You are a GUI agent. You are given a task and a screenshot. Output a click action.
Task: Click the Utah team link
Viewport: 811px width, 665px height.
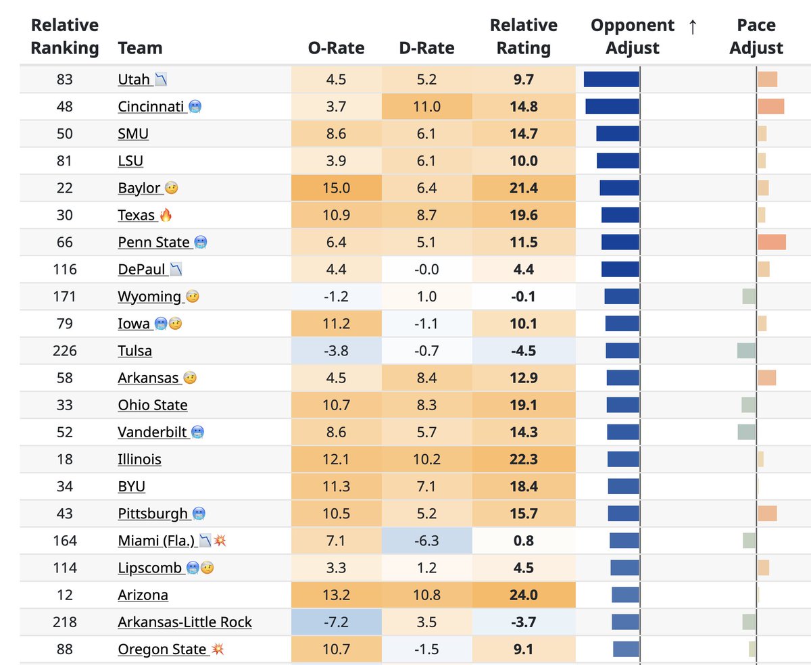tap(134, 80)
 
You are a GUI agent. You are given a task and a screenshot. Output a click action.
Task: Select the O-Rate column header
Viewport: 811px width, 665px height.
tap(336, 48)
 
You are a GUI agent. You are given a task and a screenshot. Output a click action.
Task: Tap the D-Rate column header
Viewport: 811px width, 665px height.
tap(426, 48)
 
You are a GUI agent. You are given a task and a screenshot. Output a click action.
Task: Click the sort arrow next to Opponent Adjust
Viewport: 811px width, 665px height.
tap(692, 26)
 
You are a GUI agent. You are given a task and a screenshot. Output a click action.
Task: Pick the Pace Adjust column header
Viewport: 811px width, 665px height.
tap(756, 36)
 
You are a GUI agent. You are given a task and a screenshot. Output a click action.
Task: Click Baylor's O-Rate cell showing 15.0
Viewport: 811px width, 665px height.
tap(336, 188)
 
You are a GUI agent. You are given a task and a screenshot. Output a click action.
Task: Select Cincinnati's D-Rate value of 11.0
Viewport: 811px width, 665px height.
tap(426, 107)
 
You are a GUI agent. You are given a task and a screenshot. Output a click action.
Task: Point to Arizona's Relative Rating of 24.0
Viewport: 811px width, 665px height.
tap(524, 595)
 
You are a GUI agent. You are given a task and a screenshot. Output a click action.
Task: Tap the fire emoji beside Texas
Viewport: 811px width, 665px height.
tap(166, 215)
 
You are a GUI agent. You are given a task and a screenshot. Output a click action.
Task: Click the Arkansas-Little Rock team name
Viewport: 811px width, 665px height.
tap(185, 622)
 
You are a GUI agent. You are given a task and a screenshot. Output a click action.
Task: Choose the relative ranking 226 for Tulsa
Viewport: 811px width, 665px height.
tap(65, 351)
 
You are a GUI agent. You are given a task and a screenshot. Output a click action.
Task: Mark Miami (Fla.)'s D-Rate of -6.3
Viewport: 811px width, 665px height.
tap(426, 541)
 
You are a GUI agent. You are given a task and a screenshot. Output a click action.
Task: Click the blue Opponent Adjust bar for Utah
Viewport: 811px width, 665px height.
tap(611, 79)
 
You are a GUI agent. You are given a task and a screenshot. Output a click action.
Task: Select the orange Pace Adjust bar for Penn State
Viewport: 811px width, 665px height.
tap(772, 242)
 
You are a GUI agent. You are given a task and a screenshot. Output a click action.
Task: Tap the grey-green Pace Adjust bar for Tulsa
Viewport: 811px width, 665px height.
tap(746, 351)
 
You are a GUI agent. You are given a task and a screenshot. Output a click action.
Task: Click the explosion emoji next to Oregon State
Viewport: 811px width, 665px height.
tap(218, 649)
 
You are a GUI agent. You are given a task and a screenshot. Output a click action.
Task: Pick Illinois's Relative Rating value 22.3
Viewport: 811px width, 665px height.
tap(524, 460)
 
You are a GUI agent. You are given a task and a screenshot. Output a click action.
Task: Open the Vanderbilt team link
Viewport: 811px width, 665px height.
tap(152, 433)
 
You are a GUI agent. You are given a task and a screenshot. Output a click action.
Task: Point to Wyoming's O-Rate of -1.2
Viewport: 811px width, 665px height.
tap(336, 297)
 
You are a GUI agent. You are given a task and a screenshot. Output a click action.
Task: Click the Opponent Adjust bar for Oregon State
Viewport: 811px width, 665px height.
tap(626, 649)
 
